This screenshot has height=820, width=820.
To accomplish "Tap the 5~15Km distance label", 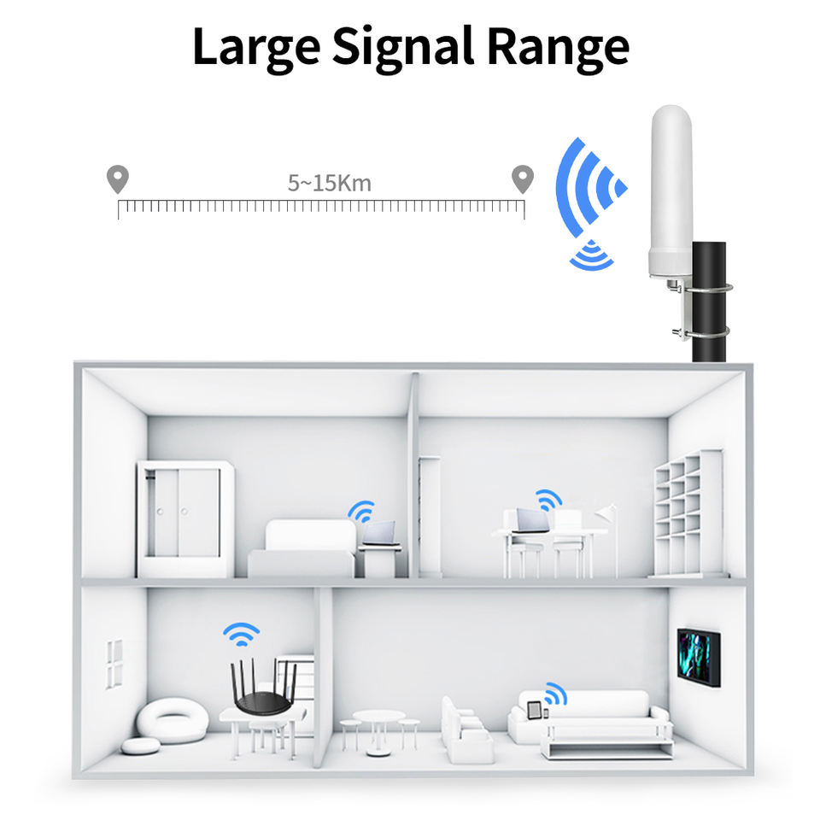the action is [x=329, y=182].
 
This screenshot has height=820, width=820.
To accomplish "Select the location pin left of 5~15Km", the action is [x=117, y=179].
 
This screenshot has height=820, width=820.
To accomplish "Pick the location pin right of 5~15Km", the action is [x=522, y=179].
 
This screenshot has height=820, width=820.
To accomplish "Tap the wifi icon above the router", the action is [x=242, y=634].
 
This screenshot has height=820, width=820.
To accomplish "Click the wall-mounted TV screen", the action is [x=698, y=656].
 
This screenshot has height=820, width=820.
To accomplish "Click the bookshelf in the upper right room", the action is [x=688, y=512].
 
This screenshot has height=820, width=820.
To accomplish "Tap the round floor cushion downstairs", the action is [x=172, y=720].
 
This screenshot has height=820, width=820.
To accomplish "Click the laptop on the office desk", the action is [x=530, y=520].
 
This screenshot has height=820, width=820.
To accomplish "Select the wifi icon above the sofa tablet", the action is [x=555, y=694].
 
